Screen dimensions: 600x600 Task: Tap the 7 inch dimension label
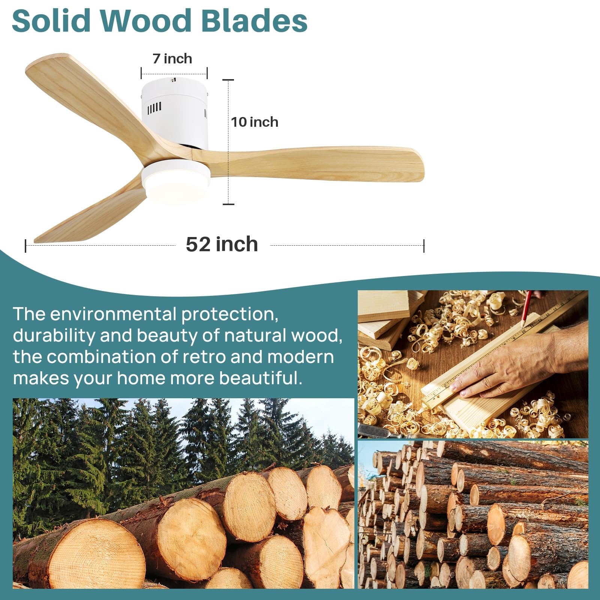[x=172, y=59]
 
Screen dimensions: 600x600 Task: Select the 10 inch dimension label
[x=255, y=122]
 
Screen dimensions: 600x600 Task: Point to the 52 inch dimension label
[x=222, y=244]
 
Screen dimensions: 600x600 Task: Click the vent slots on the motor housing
[x=154, y=108]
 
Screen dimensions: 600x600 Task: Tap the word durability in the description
[x=54, y=335]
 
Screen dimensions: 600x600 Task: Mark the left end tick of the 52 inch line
[x=25, y=246]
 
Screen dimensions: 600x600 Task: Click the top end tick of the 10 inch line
[x=228, y=80]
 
